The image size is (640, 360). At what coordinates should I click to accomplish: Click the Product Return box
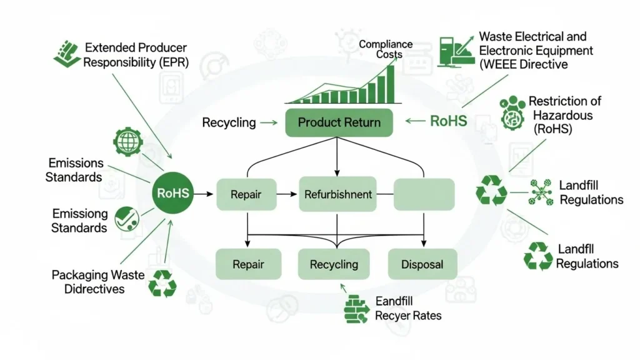(339, 122)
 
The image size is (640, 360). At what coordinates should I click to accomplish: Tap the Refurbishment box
(337, 194)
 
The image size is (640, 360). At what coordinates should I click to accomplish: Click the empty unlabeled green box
(424, 194)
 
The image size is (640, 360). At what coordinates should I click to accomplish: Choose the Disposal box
(422, 264)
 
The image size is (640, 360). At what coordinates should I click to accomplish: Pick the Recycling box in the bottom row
(334, 264)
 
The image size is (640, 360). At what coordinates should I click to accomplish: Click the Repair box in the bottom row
(248, 264)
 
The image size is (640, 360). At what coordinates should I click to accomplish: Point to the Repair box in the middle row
(246, 194)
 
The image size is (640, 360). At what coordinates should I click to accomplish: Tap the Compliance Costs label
(386, 49)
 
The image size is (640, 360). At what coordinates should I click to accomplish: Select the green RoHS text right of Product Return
(448, 121)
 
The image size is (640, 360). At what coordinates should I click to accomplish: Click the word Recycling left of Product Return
(229, 122)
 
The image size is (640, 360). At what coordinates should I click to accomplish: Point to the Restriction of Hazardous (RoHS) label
(558, 115)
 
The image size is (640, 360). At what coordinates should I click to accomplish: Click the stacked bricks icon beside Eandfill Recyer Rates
(357, 309)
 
